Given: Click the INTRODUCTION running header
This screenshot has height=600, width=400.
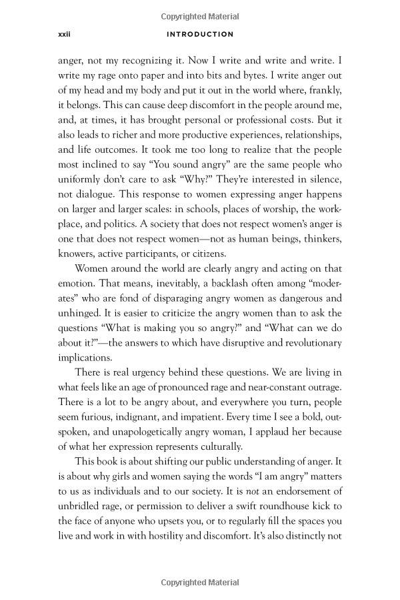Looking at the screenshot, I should (199, 34).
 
